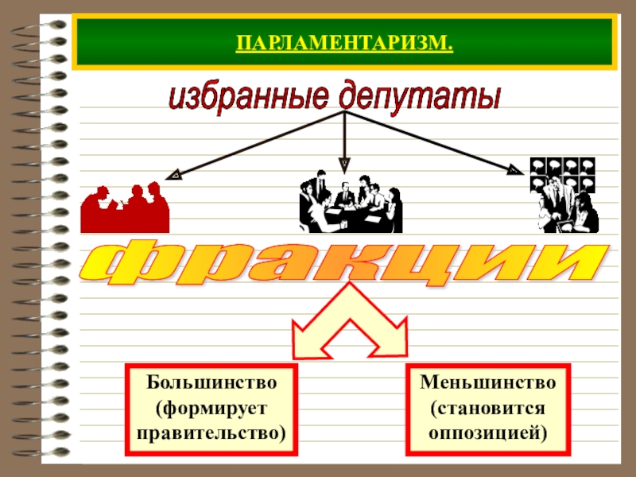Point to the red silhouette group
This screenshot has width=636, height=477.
[x=124, y=208]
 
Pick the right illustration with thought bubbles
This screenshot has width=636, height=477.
[x=564, y=195]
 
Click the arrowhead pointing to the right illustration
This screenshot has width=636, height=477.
[x=518, y=169]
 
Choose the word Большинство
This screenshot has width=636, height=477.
[x=211, y=382]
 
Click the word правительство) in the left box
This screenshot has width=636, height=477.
[x=211, y=433]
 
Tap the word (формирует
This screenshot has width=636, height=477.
[x=211, y=408]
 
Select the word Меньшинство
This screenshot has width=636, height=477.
[x=488, y=382]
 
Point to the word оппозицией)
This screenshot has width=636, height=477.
[x=488, y=433]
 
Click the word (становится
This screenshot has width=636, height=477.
[x=488, y=408]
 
